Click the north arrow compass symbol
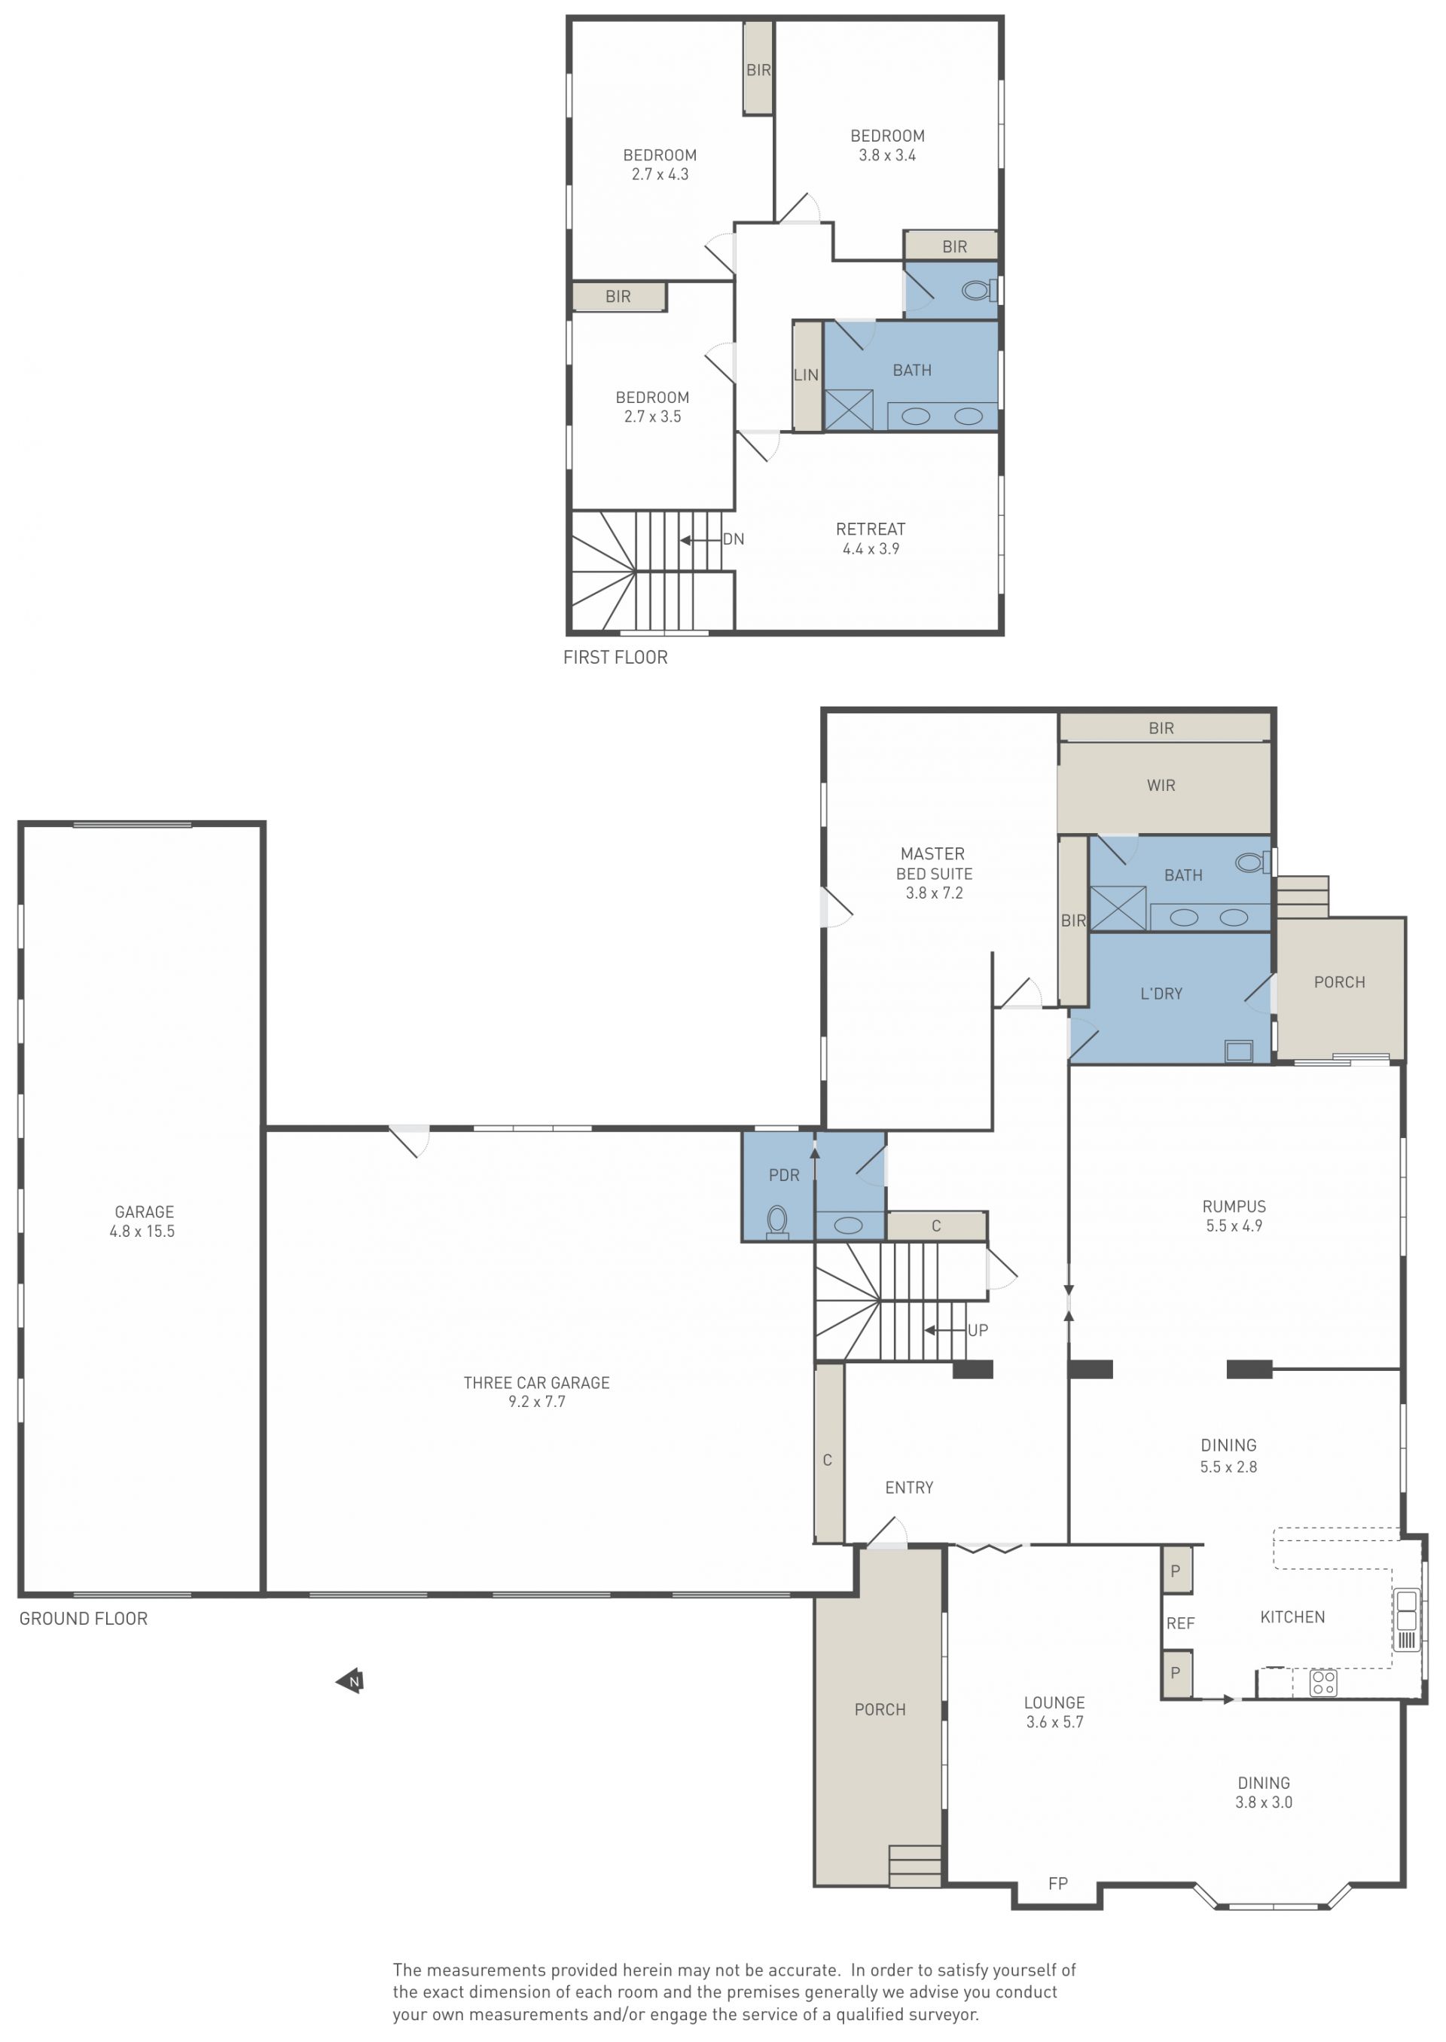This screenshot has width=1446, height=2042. tap(350, 1681)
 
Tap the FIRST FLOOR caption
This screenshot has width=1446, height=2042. tap(615, 658)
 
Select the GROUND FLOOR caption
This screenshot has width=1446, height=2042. tap(84, 1618)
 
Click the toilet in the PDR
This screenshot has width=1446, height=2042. tap(777, 1221)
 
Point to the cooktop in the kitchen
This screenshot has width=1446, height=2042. tap(1323, 1682)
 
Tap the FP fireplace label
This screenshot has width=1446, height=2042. tap(1058, 1884)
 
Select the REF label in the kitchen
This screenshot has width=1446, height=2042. tap(1181, 1623)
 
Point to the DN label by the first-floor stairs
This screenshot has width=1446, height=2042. tap(734, 539)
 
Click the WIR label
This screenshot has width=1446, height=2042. tap(1161, 786)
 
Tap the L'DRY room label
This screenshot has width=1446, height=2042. tap(1161, 994)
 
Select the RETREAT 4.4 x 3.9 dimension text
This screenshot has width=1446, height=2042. tap(871, 548)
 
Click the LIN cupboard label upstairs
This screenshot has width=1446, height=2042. tap(806, 375)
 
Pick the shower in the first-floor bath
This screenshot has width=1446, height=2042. tap(849, 411)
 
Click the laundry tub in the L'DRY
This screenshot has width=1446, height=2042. tap(1239, 1051)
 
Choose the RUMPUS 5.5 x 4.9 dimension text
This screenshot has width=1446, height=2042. tap(1234, 1226)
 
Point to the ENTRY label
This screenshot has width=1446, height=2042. tap(909, 1487)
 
